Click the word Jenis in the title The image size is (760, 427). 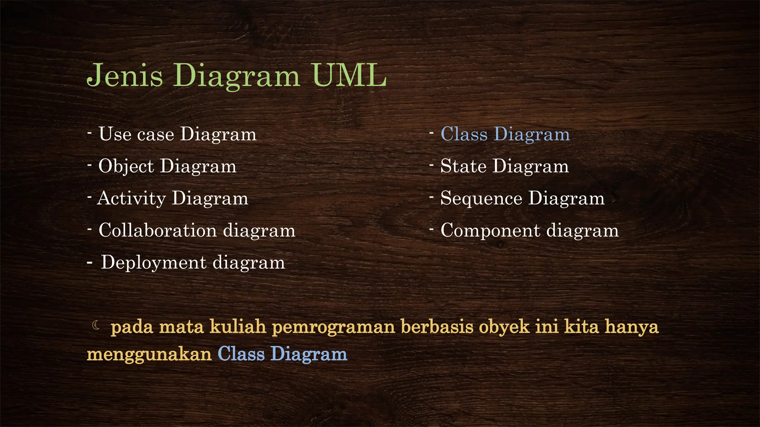(x=125, y=76)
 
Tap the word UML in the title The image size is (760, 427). (x=349, y=76)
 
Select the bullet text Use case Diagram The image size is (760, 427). (x=177, y=134)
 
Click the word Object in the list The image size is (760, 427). (x=126, y=166)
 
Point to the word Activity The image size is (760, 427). (x=131, y=199)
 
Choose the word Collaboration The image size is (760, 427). (x=157, y=231)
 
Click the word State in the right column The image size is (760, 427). (x=463, y=166)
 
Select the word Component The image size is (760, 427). (x=490, y=231)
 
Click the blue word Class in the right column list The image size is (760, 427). (x=464, y=134)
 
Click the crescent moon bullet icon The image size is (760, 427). (x=96, y=325)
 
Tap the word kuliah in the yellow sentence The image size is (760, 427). (x=238, y=327)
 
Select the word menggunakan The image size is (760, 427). (x=149, y=354)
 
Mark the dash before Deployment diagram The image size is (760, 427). (x=89, y=263)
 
